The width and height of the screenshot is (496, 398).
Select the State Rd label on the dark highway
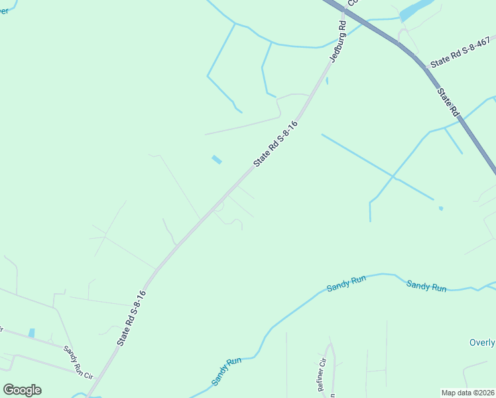(448, 100)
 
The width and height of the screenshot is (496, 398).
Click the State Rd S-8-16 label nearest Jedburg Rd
(275, 143)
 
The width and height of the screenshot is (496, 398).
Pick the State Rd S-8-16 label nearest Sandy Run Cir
(131, 318)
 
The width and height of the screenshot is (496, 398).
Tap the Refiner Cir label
(322, 375)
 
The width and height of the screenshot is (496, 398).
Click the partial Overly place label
(481, 342)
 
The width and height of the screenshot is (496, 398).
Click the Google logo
(22, 390)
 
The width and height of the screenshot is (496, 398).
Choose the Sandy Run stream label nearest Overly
(426, 286)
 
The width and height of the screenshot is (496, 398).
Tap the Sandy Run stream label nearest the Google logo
(226, 372)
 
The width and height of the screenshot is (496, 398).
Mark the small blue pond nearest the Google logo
(31, 333)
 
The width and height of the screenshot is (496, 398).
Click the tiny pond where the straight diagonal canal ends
(441, 208)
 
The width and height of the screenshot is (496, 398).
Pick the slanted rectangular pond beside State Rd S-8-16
(216, 159)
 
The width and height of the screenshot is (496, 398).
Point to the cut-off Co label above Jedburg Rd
(352, 3)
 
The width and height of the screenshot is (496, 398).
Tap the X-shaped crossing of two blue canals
(395, 178)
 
